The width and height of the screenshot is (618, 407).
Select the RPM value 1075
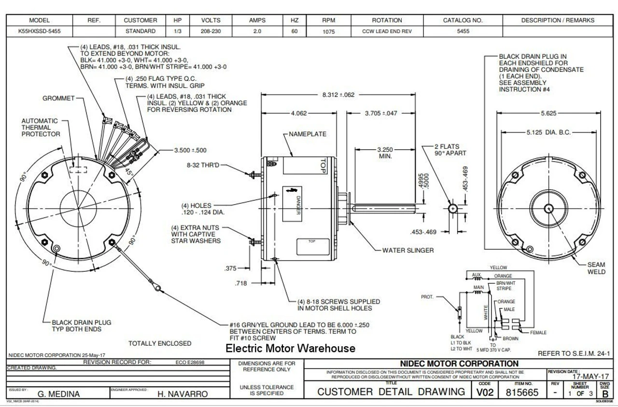point(328,31)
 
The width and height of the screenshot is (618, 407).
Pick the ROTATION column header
point(387,20)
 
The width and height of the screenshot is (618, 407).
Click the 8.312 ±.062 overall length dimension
point(338,95)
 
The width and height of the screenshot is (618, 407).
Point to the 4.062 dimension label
point(299,113)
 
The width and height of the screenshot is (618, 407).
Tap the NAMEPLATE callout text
point(308,134)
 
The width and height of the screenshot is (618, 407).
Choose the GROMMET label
point(58,98)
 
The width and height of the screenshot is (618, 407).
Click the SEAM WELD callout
point(596,268)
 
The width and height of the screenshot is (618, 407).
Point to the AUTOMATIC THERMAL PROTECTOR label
point(41,127)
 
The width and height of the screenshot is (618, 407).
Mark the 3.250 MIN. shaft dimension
point(385,153)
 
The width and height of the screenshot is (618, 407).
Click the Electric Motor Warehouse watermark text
point(291,348)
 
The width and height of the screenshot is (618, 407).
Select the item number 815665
point(521,393)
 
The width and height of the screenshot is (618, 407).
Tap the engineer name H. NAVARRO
point(183,394)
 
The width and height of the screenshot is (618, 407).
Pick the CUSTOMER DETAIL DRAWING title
point(391,392)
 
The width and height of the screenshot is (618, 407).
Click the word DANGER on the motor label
point(298,205)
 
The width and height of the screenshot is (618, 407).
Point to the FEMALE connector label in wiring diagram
point(538,333)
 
